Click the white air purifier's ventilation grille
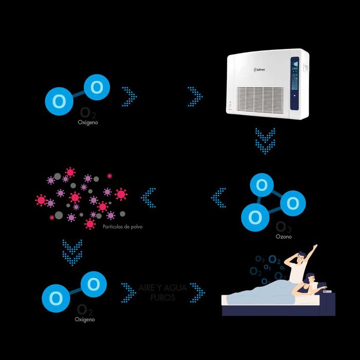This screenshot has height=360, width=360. pos(260,98)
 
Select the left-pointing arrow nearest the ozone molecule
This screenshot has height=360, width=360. pos(219,198)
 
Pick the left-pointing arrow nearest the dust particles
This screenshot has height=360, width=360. pos(149,198)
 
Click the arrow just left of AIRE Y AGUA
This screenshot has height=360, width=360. pos(128,293)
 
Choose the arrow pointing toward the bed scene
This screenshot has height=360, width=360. pos(197,293)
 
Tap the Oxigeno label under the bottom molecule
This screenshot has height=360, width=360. pos(85,319)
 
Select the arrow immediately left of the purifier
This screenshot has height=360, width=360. pos(195,96)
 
